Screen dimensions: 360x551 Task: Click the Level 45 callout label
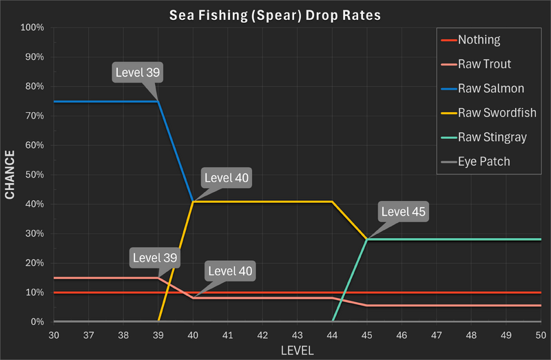404,211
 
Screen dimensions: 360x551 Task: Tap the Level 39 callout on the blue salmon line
138,72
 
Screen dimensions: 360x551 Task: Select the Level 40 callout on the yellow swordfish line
227,178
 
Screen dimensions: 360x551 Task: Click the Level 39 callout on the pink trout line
155,258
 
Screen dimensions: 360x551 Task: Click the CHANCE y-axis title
10,175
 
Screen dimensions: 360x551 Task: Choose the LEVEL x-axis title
298,350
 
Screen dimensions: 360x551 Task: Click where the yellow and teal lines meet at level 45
368,240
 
